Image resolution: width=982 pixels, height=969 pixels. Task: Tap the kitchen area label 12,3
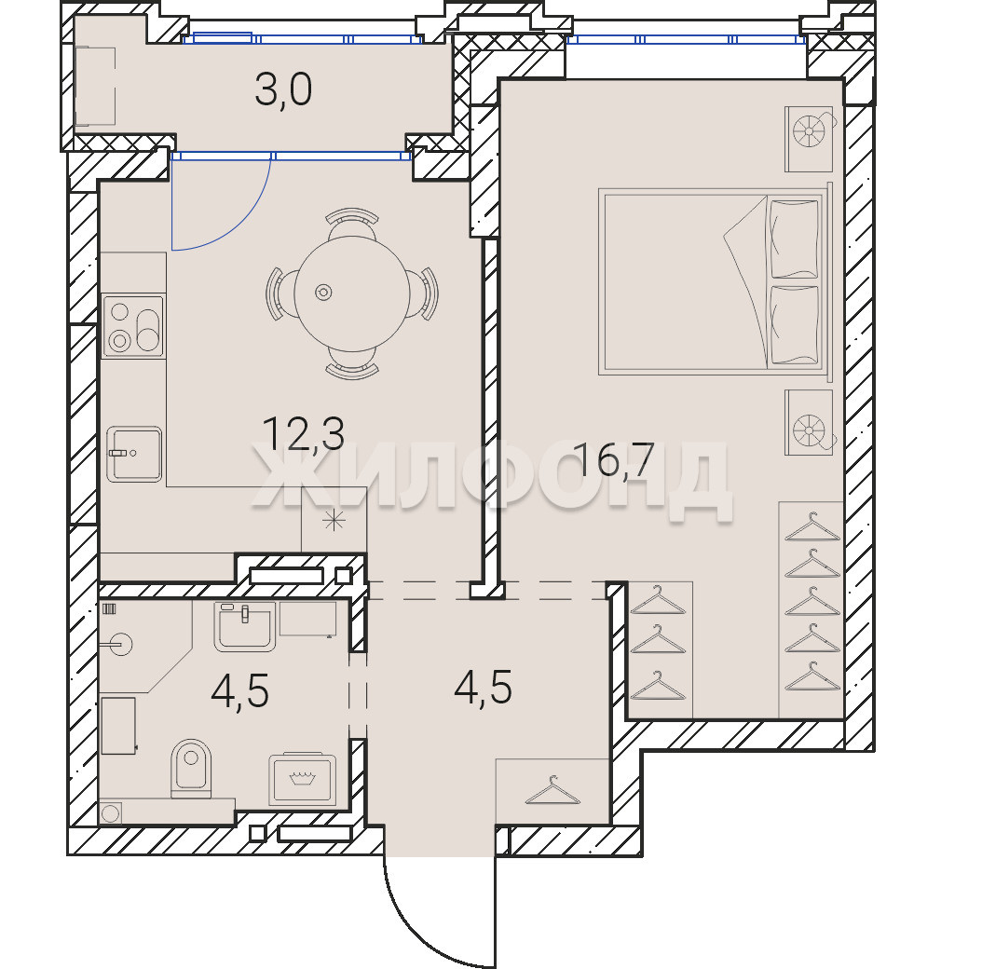(x=303, y=433)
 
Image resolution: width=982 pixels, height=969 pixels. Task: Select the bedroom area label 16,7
(x=614, y=459)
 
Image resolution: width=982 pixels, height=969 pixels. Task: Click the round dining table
(x=352, y=293)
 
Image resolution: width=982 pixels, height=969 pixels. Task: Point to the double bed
(x=715, y=282)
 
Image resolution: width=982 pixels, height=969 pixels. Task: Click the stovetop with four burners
(x=133, y=326)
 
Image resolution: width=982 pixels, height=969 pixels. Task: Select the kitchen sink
(x=134, y=454)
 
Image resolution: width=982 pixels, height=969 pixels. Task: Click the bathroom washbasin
(x=245, y=626)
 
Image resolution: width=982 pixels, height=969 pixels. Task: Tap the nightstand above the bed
(x=809, y=139)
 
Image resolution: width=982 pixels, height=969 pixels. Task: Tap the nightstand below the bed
(x=809, y=422)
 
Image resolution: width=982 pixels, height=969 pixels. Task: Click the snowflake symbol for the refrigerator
(x=334, y=521)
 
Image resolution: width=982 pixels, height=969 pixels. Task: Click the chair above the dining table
(x=352, y=222)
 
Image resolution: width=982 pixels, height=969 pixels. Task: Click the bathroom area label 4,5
(x=239, y=691)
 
